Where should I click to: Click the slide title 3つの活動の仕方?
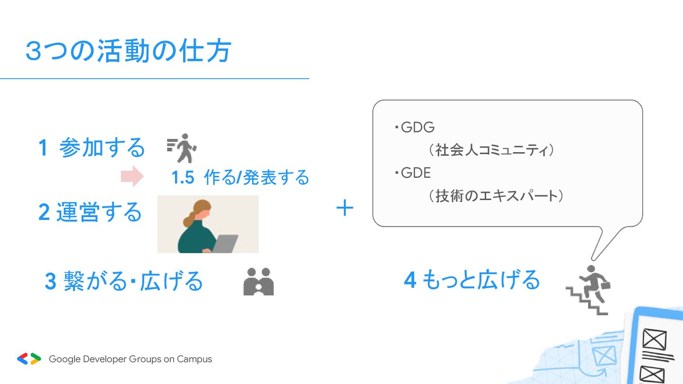click(129, 51)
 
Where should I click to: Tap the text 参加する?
click(102, 147)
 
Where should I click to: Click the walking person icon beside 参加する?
click(182, 148)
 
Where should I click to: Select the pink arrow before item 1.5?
click(132, 176)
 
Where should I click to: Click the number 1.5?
click(183, 177)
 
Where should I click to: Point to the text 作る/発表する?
click(257, 177)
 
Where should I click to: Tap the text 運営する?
click(99, 212)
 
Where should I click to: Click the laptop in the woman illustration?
click(225, 244)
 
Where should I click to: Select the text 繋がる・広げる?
click(133, 281)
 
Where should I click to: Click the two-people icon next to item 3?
click(258, 282)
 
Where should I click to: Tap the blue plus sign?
click(345, 208)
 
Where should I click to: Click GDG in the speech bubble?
click(418, 128)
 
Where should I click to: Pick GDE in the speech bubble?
click(415, 173)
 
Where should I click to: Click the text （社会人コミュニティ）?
click(491, 150)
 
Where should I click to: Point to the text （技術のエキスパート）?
click(496, 196)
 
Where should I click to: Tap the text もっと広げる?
click(481, 280)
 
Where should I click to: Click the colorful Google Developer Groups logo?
click(29, 359)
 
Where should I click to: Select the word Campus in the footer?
click(194, 359)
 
